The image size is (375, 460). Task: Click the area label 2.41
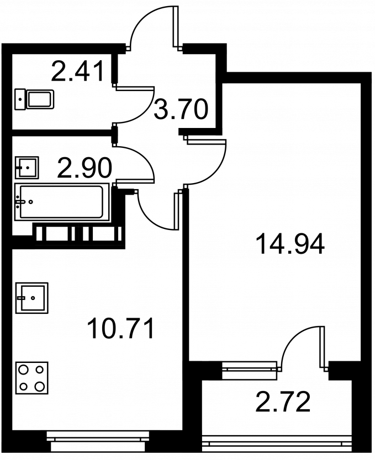point(78,71)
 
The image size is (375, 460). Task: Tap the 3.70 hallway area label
point(181,109)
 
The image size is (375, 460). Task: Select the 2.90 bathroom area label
point(84,168)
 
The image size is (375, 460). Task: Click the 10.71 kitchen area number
point(121,329)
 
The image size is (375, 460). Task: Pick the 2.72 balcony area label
point(283,402)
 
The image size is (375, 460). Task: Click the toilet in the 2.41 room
point(34,99)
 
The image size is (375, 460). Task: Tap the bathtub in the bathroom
point(62,201)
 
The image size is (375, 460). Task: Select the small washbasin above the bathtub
point(27,168)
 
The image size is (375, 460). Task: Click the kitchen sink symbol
point(31,297)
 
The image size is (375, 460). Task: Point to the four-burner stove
point(31,378)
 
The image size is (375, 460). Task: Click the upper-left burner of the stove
point(23,370)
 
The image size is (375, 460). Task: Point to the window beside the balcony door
point(250,371)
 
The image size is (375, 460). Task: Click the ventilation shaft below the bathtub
point(78,233)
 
